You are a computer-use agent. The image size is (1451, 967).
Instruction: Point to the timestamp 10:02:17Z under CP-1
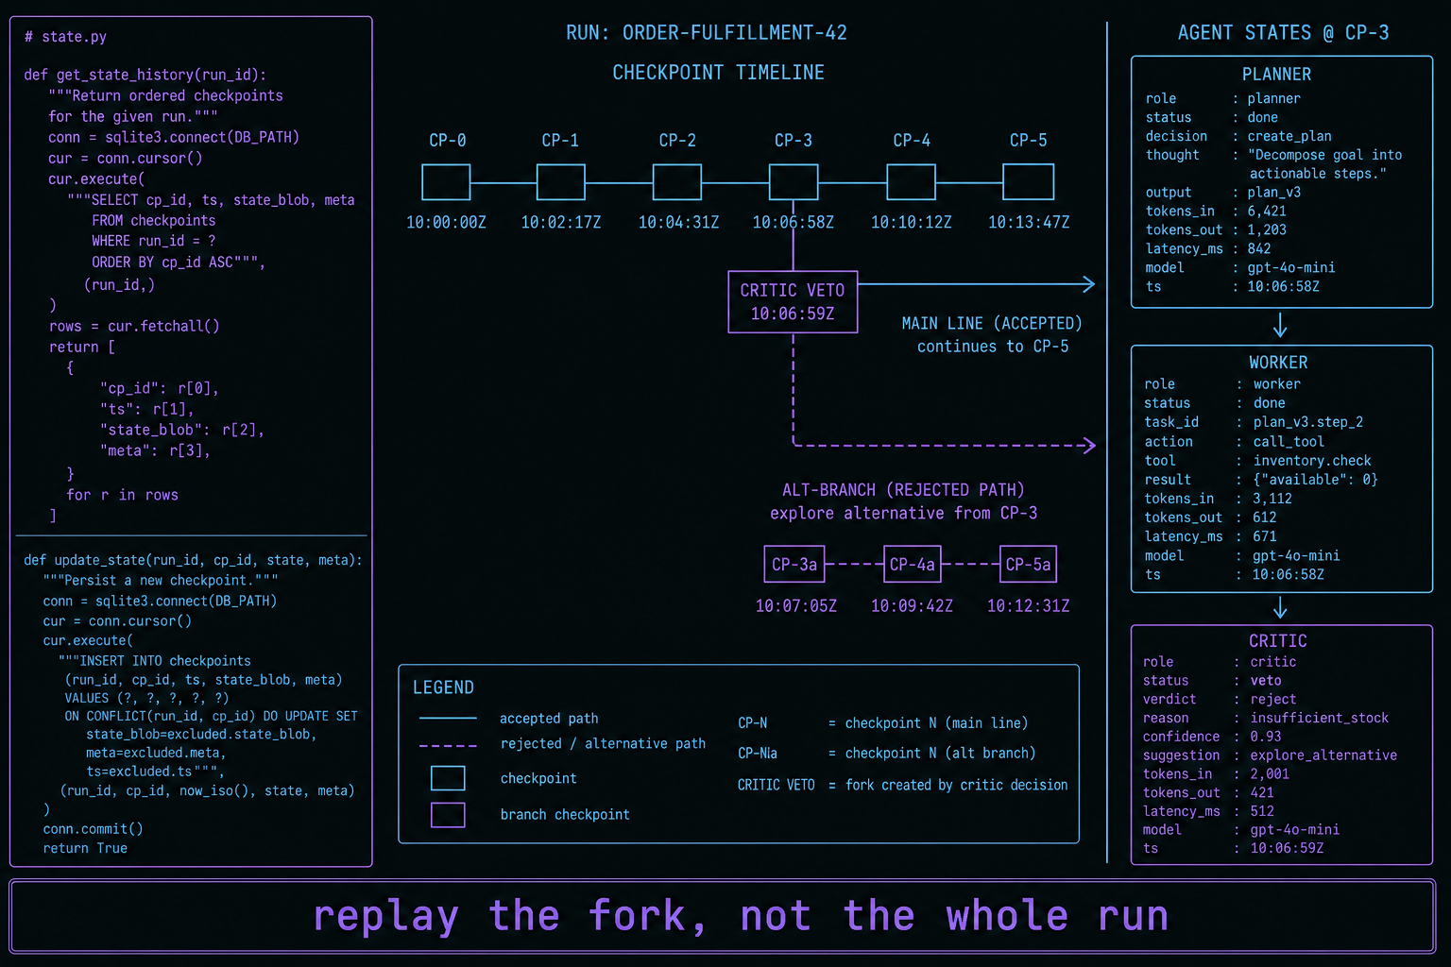[x=561, y=223]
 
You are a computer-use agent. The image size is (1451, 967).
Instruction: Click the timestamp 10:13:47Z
[x=1029, y=223]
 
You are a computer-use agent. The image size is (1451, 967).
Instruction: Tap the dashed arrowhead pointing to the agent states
[x=1089, y=445]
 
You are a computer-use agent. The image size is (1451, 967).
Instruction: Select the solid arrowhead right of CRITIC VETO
[x=1089, y=283]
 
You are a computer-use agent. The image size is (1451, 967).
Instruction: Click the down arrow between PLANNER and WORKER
[x=1280, y=325]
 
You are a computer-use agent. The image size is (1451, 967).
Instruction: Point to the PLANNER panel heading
[x=1276, y=75]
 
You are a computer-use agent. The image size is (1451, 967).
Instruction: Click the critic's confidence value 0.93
[x=1265, y=737]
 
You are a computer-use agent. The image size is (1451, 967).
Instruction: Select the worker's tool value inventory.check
[x=1312, y=461]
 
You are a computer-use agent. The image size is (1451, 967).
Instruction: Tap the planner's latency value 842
[x=1258, y=248]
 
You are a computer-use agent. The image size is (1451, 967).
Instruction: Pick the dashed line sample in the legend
[x=448, y=746]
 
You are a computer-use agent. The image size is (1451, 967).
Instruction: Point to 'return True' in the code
[x=85, y=848]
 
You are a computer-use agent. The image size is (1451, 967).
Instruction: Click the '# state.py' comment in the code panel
[x=65, y=37]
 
